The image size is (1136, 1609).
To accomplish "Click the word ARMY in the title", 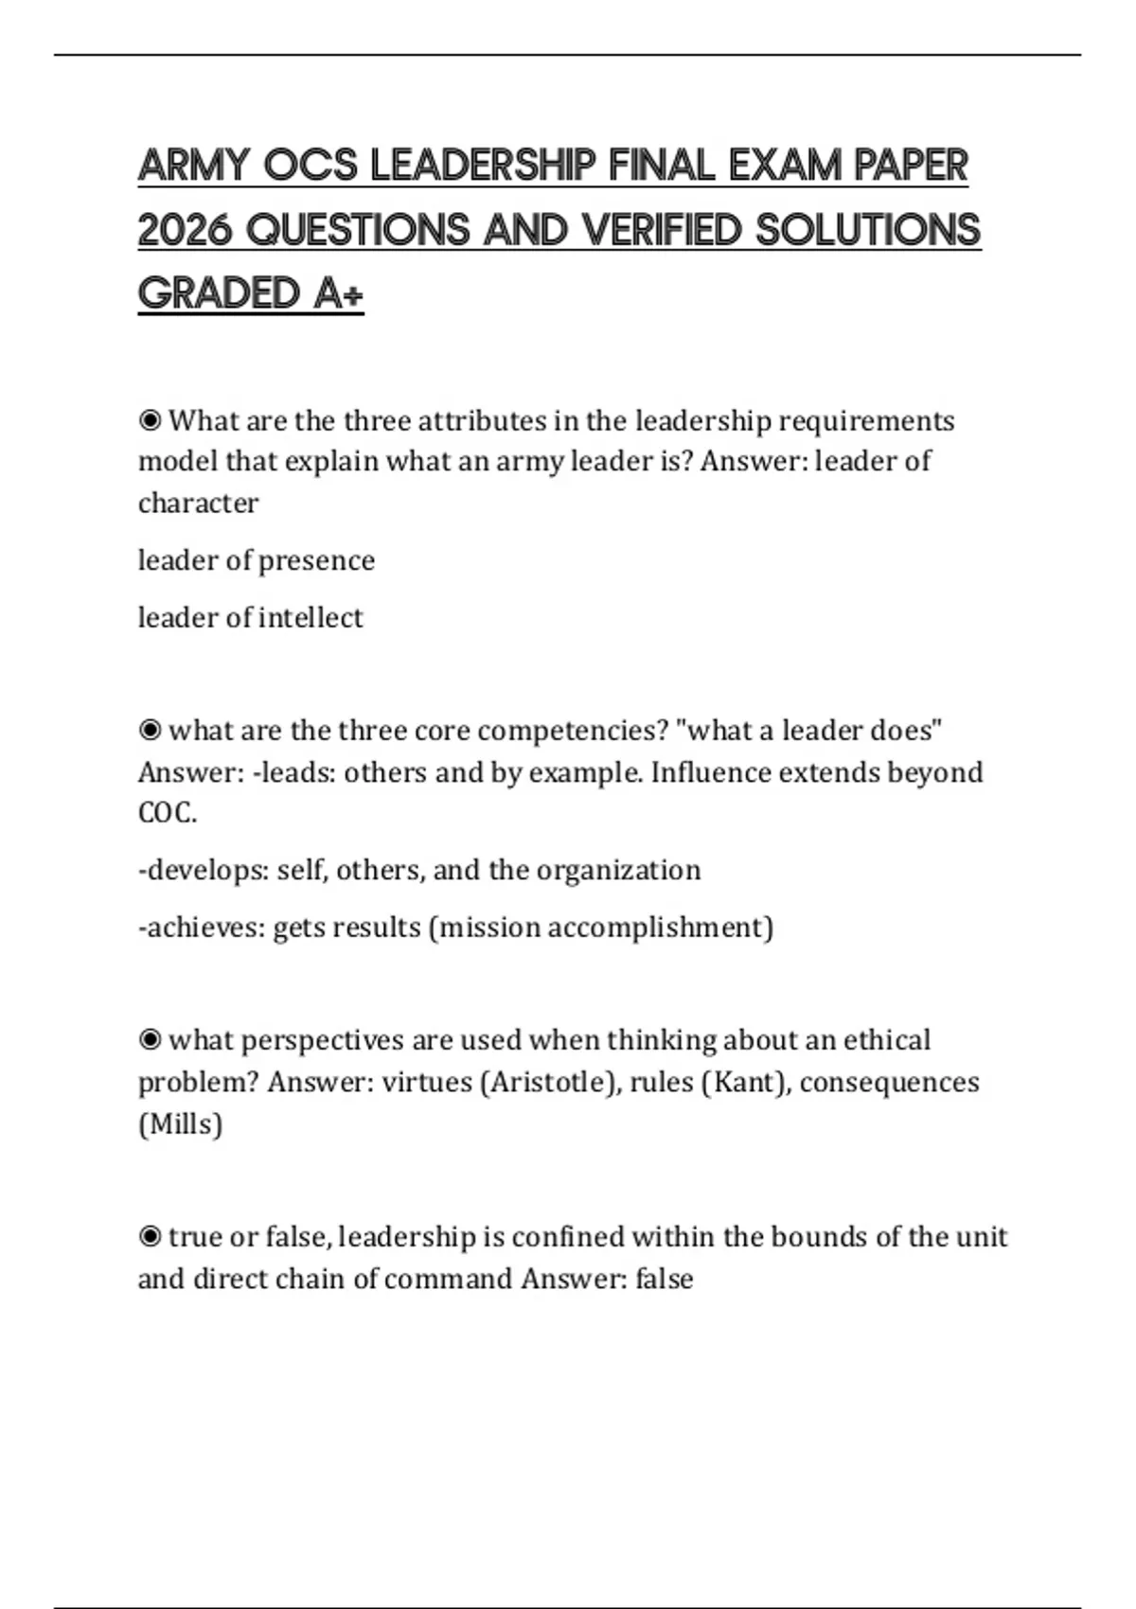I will point(194,167).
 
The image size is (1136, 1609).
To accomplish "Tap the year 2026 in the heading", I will point(185,230).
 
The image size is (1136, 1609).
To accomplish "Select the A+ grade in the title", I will point(339,293).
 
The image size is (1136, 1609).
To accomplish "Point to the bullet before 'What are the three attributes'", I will point(150,420).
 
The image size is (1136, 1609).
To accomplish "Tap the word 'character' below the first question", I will point(198,503).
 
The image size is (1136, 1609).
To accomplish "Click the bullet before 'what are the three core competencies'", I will point(150,731).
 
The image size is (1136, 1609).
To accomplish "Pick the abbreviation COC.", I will point(167,813).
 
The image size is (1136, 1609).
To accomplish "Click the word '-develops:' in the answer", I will point(203,870).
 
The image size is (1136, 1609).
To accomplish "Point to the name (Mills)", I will point(180,1124).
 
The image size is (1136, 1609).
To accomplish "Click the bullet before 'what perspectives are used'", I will point(150,1040).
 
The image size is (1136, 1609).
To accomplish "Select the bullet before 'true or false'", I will point(150,1237).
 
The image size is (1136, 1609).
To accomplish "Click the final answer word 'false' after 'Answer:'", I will point(665,1279).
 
